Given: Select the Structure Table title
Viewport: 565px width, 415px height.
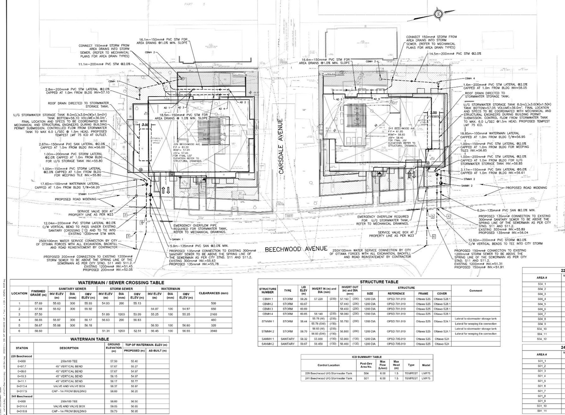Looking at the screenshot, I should (x=379, y=282).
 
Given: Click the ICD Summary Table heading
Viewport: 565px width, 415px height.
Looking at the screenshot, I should (x=366, y=357).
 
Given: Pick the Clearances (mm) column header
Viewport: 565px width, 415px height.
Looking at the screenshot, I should (x=213, y=293).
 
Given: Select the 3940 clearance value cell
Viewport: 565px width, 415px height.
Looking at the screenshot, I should (x=213, y=331).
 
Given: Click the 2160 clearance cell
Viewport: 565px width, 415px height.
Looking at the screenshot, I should (x=213, y=314).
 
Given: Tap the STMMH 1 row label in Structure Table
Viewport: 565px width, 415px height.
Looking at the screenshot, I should (x=267, y=321).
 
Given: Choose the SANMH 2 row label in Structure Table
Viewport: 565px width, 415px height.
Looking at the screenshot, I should (x=267, y=344).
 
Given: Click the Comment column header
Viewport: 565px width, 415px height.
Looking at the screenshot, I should (x=475, y=291).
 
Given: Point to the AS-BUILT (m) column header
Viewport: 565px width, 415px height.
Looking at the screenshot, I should (x=156, y=351).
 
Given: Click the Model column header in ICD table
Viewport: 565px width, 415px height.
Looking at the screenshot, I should (x=426, y=365).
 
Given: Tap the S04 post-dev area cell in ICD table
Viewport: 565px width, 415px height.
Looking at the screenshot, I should (x=365, y=373).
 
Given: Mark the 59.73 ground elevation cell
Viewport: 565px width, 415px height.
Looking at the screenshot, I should (x=114, y=411).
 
